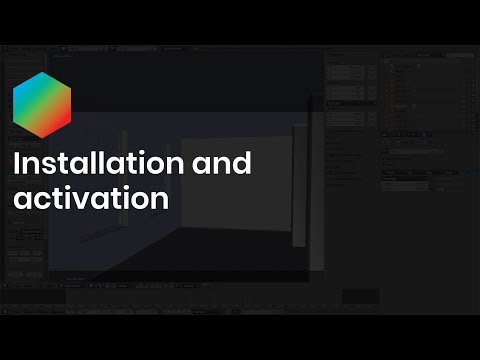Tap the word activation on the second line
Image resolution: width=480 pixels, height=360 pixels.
(89, 198)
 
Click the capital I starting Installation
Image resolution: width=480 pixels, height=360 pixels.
(16, 164)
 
